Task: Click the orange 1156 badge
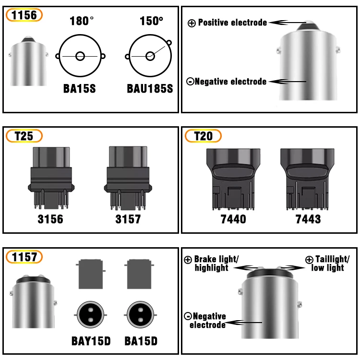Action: (x=24, y=15)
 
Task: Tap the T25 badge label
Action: (x=24, y=136)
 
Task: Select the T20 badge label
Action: (x=203, y=136)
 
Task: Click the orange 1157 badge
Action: (x=24, y=257)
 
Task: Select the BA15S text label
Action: (x=80, y=89)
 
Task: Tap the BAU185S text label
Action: (x=150, y=89)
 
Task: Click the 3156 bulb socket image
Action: (x=50, y=178)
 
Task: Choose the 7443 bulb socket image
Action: (x=308, y=179)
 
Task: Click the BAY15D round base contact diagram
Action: (x=90, y=316)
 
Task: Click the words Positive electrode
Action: (x=232, y=23)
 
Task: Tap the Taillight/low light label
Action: (x=328, y=264)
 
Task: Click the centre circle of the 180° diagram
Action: (x=80, y=57)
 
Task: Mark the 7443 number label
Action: (x=308, y=219)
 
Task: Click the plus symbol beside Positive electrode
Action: (x=192, y=23)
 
